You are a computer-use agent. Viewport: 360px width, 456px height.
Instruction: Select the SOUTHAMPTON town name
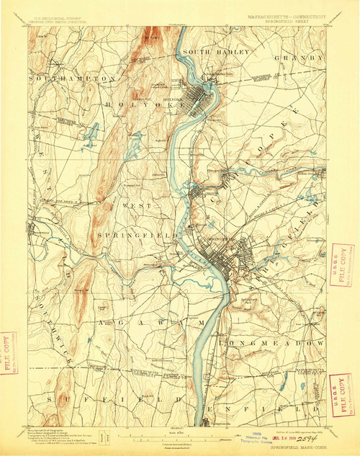(x=72, y=77)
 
